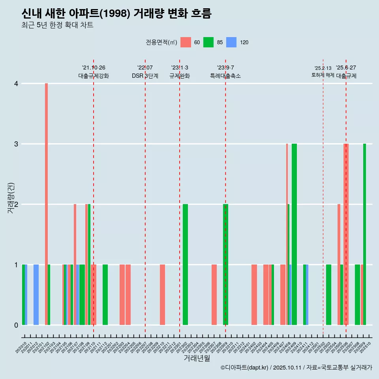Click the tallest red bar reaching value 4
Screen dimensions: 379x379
[46, 204]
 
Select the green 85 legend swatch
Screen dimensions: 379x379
[208, 42]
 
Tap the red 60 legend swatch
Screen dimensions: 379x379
[186, 42]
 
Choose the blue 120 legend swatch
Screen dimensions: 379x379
[231, 42]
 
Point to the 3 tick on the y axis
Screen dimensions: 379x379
[16, 144]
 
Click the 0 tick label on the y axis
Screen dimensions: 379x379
[16, 325]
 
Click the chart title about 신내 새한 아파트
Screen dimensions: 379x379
[116, 14]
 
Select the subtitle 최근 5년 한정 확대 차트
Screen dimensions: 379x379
[57, 25]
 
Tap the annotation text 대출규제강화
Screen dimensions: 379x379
[94, 76]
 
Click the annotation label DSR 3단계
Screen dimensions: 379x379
[145, 76]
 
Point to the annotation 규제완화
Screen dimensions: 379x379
[180, 76]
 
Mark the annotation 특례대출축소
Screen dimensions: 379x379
[225, 76]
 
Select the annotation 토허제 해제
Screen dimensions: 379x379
[323, 75]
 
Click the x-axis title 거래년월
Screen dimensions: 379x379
[197, 358]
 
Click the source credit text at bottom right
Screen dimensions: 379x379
[296, 368]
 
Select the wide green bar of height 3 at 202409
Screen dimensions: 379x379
[294, 235]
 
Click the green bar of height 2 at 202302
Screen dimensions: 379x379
[185, 265]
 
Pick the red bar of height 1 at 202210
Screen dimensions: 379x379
[162, 295]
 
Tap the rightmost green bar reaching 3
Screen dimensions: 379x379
[364, 235]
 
